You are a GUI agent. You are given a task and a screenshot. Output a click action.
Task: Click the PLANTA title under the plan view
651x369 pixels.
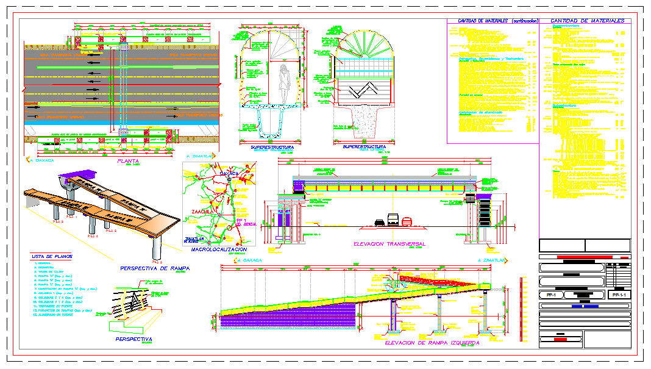tap(129, 162)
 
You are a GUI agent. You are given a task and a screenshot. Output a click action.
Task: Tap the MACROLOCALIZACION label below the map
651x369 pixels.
tap(219, 249)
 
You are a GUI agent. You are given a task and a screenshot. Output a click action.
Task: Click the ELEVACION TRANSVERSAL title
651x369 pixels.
tap(390, 244)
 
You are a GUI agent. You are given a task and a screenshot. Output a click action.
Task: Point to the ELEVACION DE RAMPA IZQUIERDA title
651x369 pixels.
tap(432, 343)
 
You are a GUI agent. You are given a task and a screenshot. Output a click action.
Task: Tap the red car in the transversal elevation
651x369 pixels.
tap(406, 221)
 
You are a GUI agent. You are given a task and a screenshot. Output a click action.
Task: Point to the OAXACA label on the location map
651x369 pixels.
tap(227, 173)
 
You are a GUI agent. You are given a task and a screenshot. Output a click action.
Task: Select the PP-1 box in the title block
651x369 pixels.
tap(550, 295)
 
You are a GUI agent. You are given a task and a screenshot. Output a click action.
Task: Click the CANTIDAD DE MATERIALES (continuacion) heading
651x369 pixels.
tap(493, 21)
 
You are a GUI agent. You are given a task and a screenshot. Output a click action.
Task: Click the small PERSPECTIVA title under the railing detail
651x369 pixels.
tap(133, 339)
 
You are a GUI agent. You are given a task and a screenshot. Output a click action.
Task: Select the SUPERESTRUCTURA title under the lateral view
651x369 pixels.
tap(364, 147)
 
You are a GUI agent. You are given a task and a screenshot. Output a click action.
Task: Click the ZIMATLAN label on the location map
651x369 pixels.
tap(194, 239)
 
